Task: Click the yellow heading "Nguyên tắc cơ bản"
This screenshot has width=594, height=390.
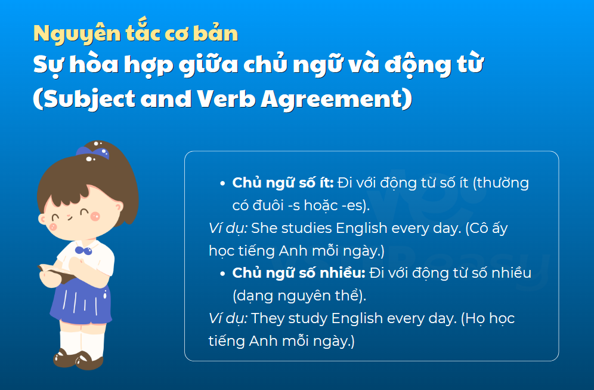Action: pos(135,33)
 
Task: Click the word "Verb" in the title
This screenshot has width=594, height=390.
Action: pos(226,99)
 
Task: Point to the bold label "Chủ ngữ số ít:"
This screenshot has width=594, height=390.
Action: pos(283,183)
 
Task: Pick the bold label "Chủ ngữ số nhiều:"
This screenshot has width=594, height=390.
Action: pos(299,273)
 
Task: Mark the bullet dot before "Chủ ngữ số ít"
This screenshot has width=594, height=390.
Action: pos(223,183)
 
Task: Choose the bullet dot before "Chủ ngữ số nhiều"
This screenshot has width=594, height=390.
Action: pos(223,274)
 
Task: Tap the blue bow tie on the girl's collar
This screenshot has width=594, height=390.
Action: pos(83,250)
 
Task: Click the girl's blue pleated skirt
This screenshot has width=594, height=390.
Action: pos(81,302)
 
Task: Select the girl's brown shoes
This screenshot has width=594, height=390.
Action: pos(78,360)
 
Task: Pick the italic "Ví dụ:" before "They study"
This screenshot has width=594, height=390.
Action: pos(228,319)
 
